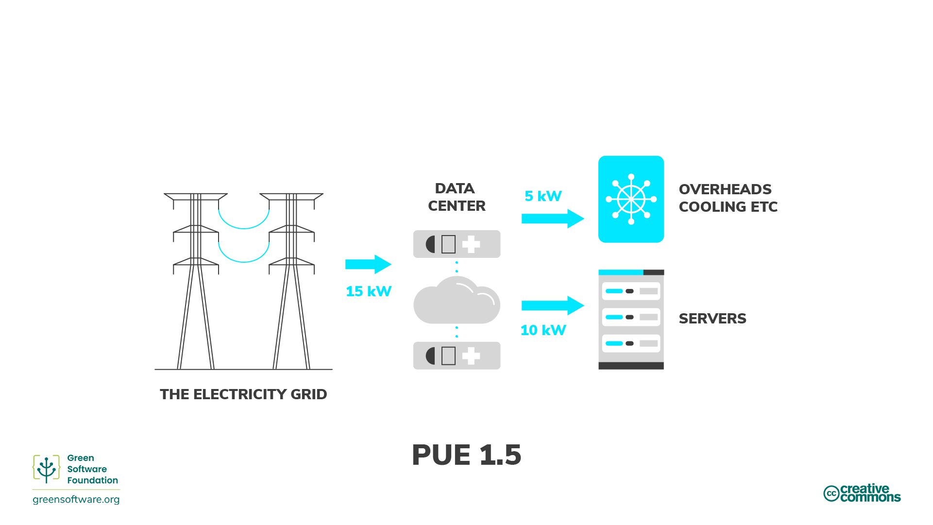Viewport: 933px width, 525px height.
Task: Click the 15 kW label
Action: click(x=368, y=291)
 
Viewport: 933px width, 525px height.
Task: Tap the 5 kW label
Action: click(x=543, y=196)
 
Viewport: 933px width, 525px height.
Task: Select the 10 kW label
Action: click(x=543, y=330)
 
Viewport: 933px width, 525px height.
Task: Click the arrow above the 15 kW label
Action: click(x=368, y=264)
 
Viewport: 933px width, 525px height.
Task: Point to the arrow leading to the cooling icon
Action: click(x=552, y=219)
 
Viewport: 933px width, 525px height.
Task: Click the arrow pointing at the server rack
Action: click(x=552, y=305)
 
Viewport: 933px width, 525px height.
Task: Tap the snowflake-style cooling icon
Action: click(x=631, y=199)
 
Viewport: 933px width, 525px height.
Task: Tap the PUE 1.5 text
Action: click(x=466, y=455)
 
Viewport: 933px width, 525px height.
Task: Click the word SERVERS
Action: click(x=712, y=319)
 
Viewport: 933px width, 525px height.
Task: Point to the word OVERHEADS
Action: click(x=725, y=189)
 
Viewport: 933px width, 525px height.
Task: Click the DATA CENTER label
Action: click(x=456, y=197)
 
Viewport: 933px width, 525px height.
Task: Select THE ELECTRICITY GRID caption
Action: click(x=243, y=394)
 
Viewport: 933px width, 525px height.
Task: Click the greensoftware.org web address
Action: click(x=76, y=499)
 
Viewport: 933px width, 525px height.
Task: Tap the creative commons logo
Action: click(x=862, y=493)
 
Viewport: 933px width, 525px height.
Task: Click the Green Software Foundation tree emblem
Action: click(x=46, y=469)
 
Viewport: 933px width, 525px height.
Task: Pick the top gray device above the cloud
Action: click(x=456, y=244)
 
